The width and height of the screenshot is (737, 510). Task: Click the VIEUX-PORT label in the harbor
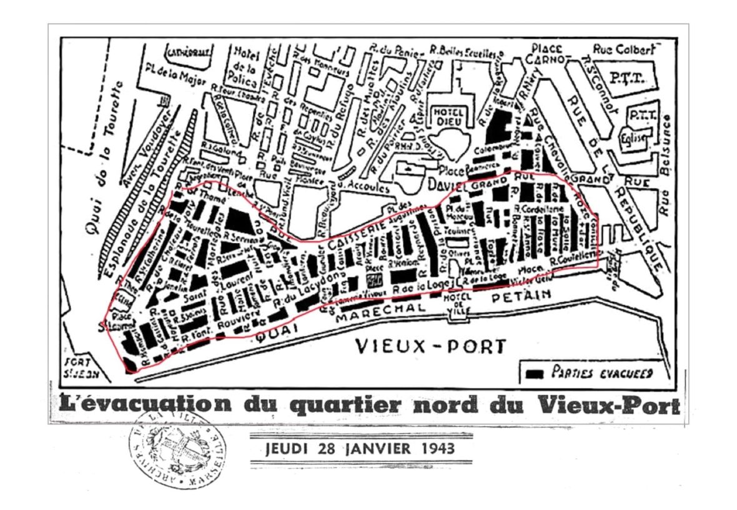pos(430,346)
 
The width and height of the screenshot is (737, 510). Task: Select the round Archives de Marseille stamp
pos(177,449)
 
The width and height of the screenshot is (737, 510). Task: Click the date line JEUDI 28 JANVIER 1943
pos(360,449)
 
